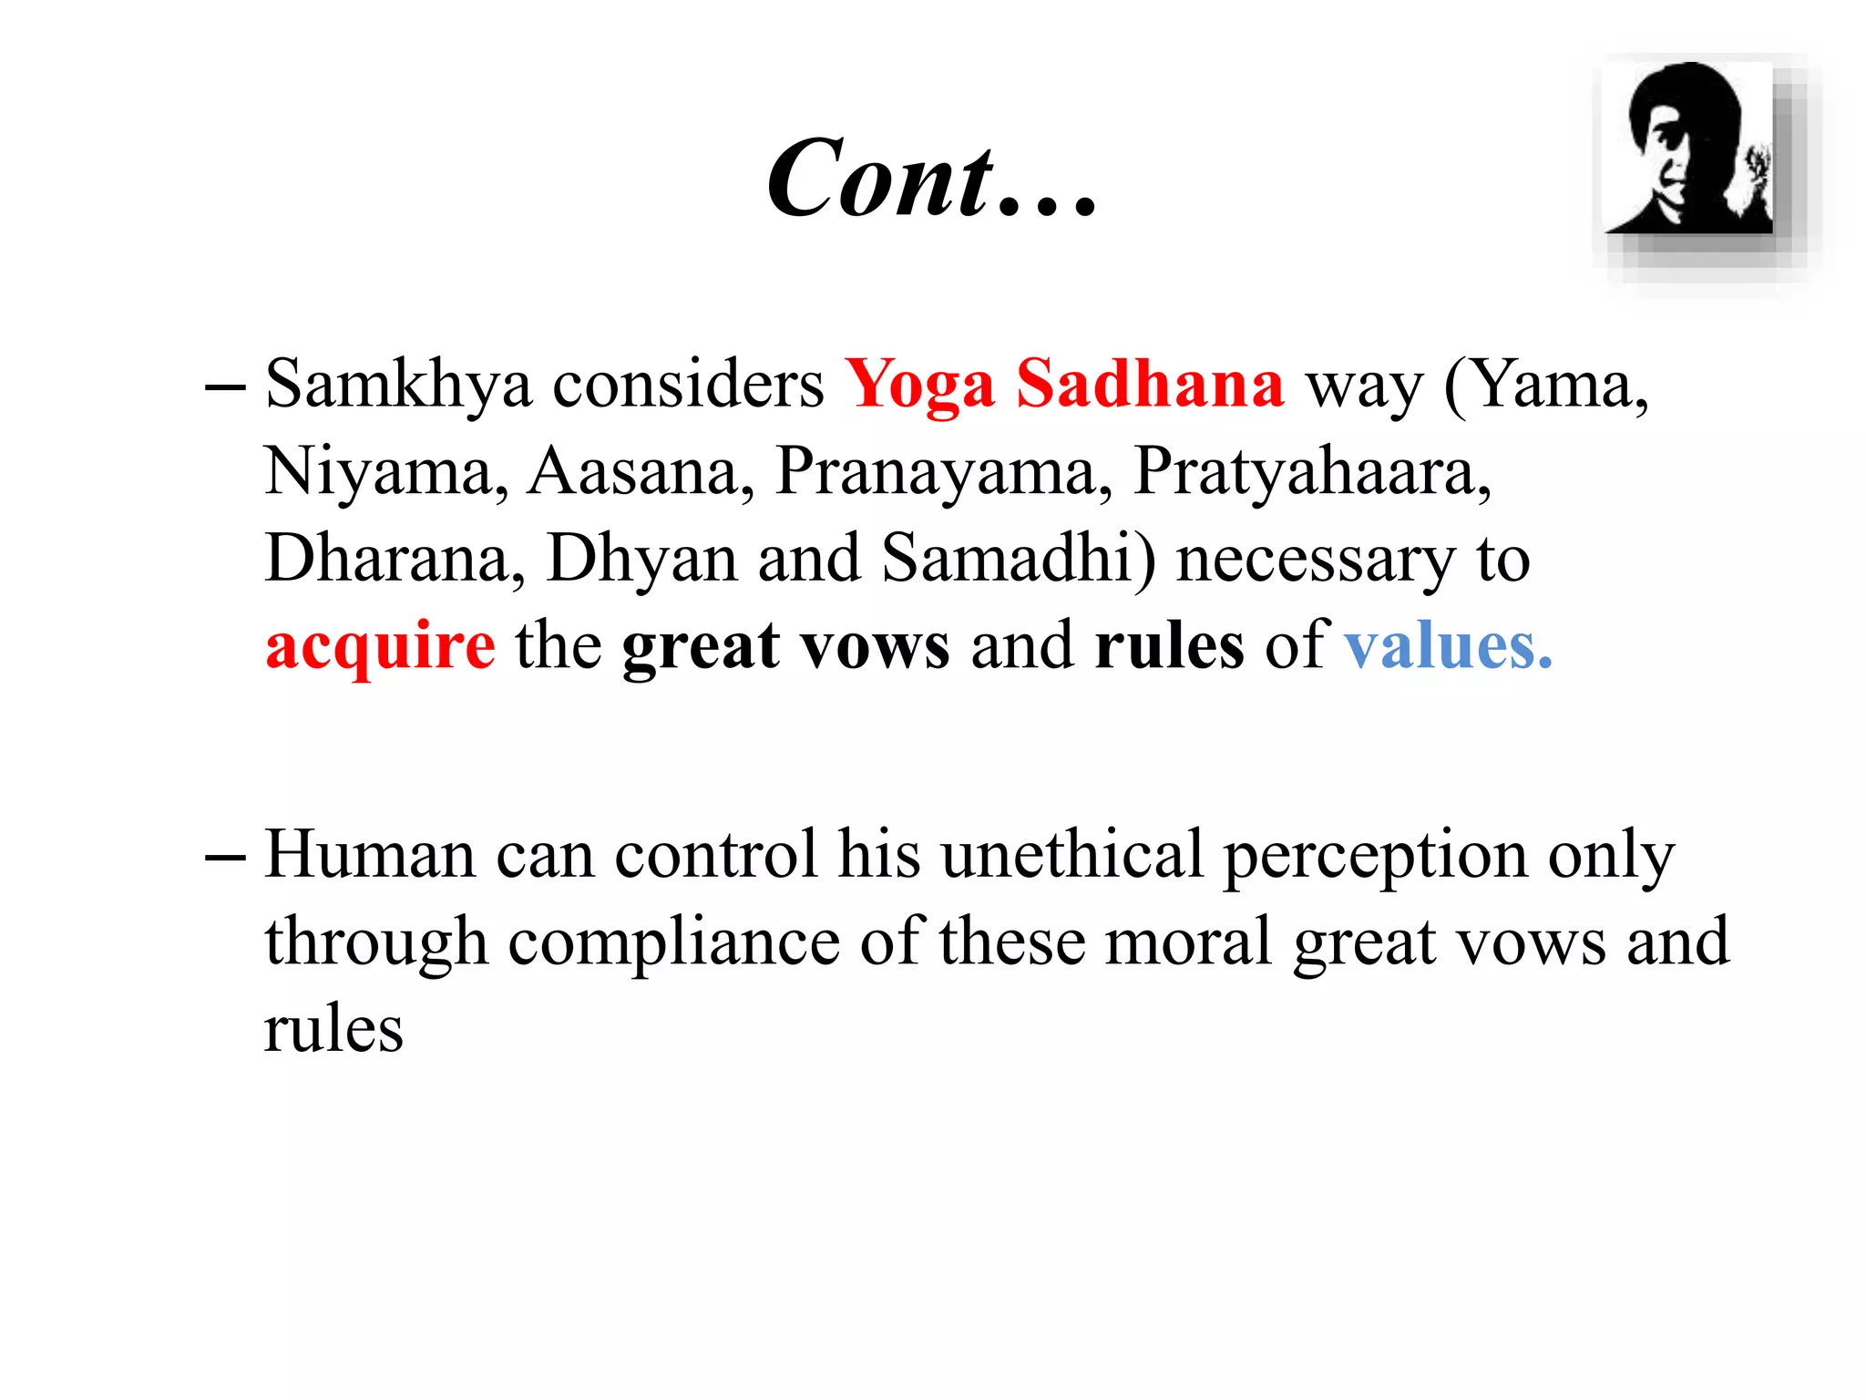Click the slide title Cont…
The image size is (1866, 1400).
click(x=931, y=178)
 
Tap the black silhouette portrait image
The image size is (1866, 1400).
click(x=1688, y=149)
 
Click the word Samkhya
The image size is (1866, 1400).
click(x=398, y=385)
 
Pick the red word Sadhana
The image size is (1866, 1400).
click(x=1150, y=384)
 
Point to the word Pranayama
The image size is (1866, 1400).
click(x=943, y=472)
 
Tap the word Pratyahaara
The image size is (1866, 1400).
click(x=1312, y=472)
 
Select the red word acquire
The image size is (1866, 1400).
click(x=381, y=646)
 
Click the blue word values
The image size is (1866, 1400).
click(x=1448, y=645)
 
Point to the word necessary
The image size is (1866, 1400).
click(x=1316, y=560)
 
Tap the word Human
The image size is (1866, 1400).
click(x=370, y=855)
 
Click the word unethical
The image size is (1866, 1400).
click(x=1071, y=855)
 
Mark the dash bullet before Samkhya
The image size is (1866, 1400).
click(x=225, y=386)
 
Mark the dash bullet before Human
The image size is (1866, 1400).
click(x=225, y=857)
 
